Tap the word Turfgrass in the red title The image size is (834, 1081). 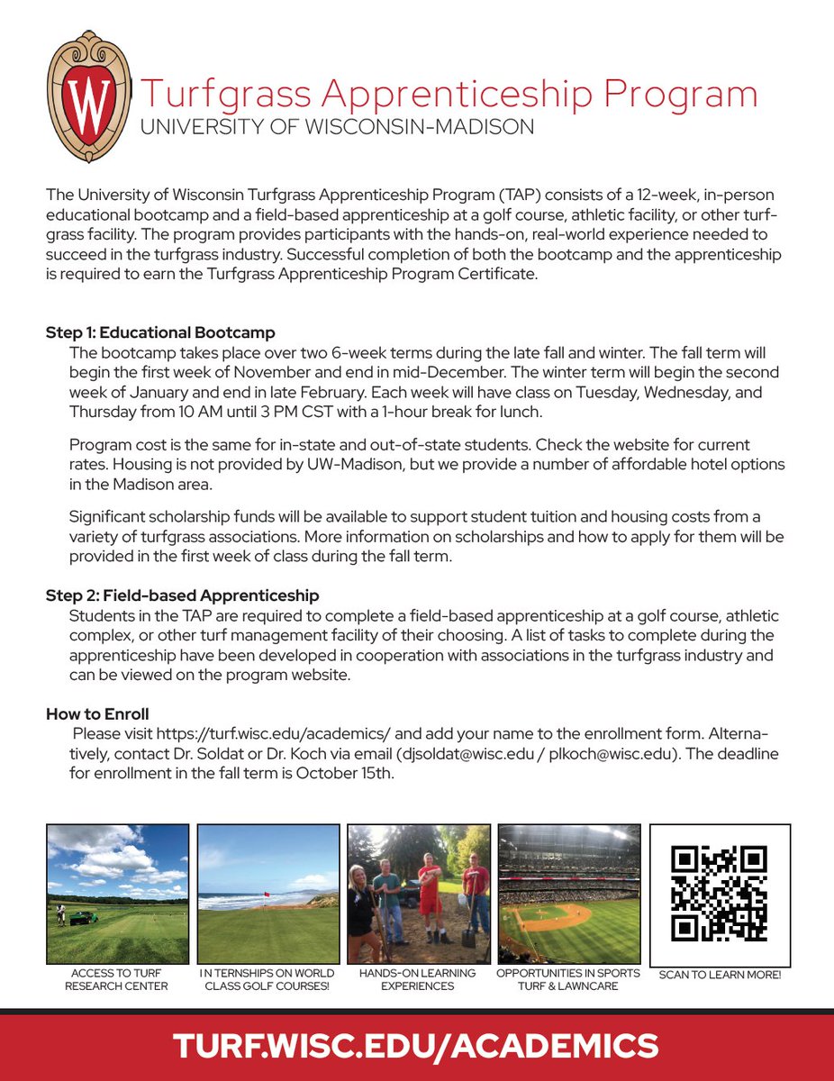(x=242, y=95)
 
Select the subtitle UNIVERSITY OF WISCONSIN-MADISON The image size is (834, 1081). (x=337, y=127)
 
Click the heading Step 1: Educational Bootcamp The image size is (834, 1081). (x=160, y=332)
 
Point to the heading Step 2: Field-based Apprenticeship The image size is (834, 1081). (x=183, y=595)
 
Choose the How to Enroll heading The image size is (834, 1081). (x=97, y=714)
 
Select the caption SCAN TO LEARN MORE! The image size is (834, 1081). (x=720, y=975)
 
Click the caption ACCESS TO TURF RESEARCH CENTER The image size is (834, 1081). (x=117, y=979)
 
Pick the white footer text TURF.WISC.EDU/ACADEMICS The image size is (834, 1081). (x=416, y=1046)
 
